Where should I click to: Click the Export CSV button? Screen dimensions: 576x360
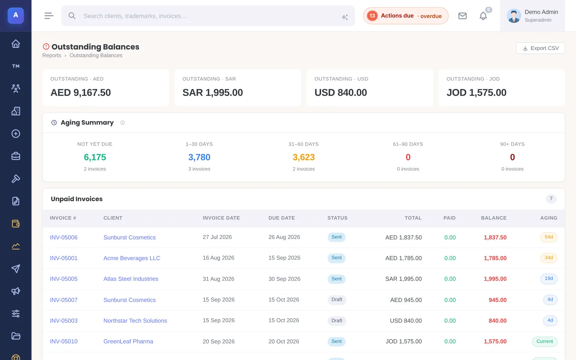point(540,48)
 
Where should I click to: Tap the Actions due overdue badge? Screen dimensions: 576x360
point(406,16)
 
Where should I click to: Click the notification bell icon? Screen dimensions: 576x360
point(483,16)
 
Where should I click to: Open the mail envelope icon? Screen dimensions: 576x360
point(462,16)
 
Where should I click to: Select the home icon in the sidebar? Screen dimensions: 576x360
point(16,44)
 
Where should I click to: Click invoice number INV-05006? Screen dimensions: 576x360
point(64,237)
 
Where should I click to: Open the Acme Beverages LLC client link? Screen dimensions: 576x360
point(132,258)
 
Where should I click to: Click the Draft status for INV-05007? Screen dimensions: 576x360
point(337,300)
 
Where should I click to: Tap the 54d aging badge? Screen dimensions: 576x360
point(549,237)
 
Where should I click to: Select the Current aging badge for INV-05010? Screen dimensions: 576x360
point(545,342)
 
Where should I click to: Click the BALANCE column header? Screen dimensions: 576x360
point(494,218)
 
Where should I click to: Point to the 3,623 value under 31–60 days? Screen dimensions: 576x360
point(304,157)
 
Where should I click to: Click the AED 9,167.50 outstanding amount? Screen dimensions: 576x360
point(81,93)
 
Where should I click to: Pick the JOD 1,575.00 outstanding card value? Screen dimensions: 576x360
point(477,93)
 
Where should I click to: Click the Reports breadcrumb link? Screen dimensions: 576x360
point(52,55)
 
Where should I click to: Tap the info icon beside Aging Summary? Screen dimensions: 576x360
point(123,123)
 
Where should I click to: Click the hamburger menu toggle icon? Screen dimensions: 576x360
point(49,16)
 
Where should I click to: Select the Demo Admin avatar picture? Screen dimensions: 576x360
point(514,16)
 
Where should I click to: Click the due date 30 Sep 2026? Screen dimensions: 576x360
point(284,279)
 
